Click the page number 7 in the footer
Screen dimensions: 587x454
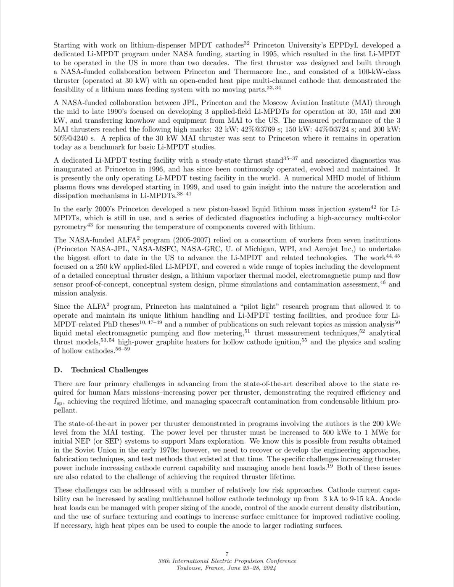(x=227, y=553)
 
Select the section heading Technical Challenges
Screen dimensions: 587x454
(x=109, y=370)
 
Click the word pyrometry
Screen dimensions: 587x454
(x=69, y=227)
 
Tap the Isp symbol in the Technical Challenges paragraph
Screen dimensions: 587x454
(x=58, y=402)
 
